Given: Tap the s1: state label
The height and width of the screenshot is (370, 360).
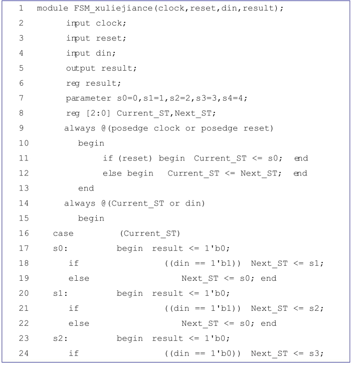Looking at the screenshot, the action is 59,293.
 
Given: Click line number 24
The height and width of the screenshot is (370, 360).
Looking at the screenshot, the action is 22,354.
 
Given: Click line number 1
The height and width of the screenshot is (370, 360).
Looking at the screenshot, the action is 22,10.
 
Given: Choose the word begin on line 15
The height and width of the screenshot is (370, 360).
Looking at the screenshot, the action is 91,218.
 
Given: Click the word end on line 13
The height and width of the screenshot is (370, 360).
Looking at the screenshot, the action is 86,189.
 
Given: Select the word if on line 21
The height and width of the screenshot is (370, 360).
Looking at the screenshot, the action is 74,308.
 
